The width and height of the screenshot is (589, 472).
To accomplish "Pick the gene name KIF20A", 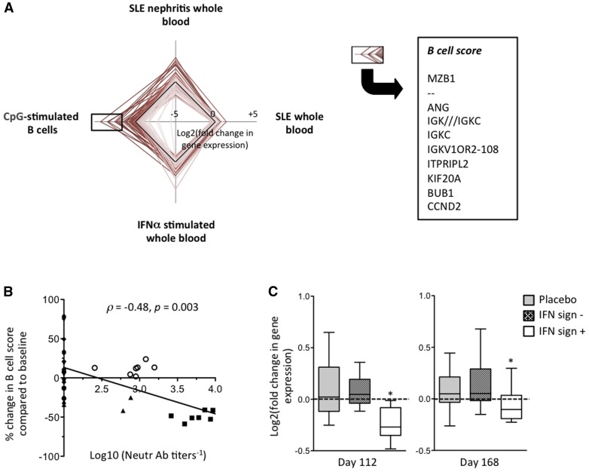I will coord(441,170).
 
